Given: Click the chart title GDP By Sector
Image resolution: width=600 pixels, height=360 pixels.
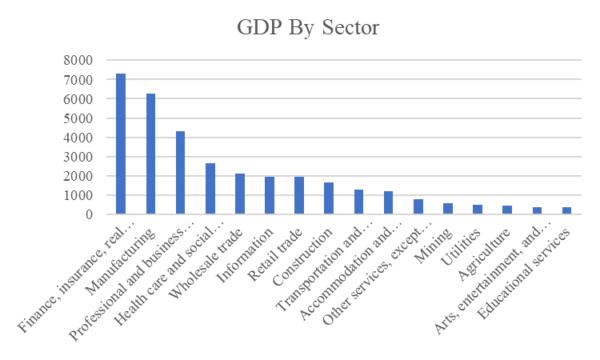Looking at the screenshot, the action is (308, 27).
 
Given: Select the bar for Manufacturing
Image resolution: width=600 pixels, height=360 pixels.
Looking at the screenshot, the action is (150, 154).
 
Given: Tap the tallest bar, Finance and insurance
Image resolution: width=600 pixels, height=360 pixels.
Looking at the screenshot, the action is (121, 143).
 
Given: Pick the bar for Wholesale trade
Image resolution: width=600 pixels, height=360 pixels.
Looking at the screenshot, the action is (240, 194).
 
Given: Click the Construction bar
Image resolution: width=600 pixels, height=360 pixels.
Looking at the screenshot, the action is (329, 198).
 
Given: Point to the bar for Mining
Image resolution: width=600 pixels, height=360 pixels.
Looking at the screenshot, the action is (448, 209).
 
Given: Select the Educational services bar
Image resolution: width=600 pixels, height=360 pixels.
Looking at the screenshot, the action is (566, 210).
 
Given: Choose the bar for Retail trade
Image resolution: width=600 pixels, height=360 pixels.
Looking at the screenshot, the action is (299, 195).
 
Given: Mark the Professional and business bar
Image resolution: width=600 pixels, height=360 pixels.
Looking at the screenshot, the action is (180, 173).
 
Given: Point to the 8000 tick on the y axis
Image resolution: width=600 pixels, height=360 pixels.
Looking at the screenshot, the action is (78, 60).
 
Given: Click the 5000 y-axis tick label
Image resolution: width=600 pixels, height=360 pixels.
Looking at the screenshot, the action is (78, 118).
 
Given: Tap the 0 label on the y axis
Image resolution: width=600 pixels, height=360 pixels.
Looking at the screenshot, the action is (89, 214).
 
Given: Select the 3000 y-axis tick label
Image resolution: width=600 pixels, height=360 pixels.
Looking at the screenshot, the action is (78, 157).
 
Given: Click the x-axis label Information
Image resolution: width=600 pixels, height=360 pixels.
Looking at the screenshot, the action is (246, 255).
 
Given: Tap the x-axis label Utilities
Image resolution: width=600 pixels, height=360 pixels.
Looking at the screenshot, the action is (461, 247).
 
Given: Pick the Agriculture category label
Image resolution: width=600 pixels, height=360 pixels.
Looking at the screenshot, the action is (484, 254).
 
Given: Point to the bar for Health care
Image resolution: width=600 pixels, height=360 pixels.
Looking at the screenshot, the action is (210, 189).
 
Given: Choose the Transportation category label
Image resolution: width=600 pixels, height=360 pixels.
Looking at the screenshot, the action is (325, 269).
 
